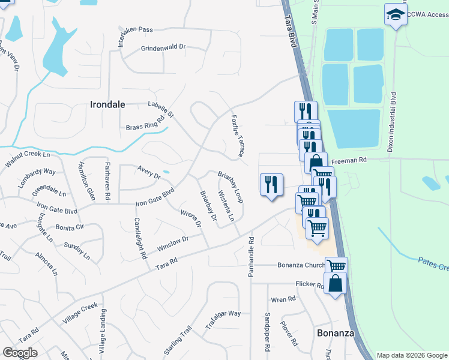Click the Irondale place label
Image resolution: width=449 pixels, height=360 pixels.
click(107, 104)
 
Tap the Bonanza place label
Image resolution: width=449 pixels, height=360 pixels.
click(335, 332)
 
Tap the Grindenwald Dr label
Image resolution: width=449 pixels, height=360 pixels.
click(163, 47)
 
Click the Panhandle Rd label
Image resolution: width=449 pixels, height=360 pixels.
click(251, 256)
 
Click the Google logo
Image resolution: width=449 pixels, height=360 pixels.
click(20, 352)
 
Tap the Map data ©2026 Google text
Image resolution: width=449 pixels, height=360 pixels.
click(411, 355)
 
